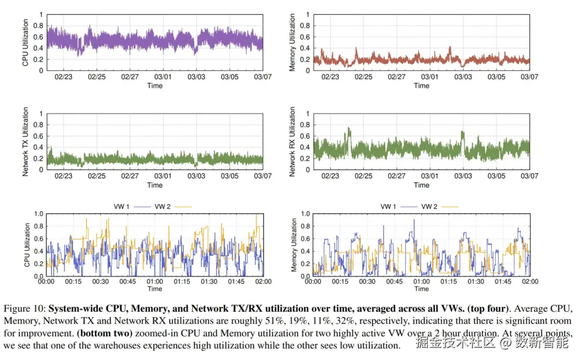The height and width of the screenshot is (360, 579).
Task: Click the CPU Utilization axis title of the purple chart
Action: click(25, 43)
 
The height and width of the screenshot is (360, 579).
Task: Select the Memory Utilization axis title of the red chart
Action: click(292, 43)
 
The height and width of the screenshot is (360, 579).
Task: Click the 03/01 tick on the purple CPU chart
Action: click(163, 77)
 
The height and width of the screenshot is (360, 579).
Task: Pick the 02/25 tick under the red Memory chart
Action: click(363, 77)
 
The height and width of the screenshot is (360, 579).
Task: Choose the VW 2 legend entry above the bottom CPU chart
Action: click(164, 206)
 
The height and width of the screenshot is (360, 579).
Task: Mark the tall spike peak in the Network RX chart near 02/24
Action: click(349, 128)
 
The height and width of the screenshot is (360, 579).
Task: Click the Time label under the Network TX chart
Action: click(155, 185)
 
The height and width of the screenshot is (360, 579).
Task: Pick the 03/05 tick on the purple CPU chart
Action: click(229, 77)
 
